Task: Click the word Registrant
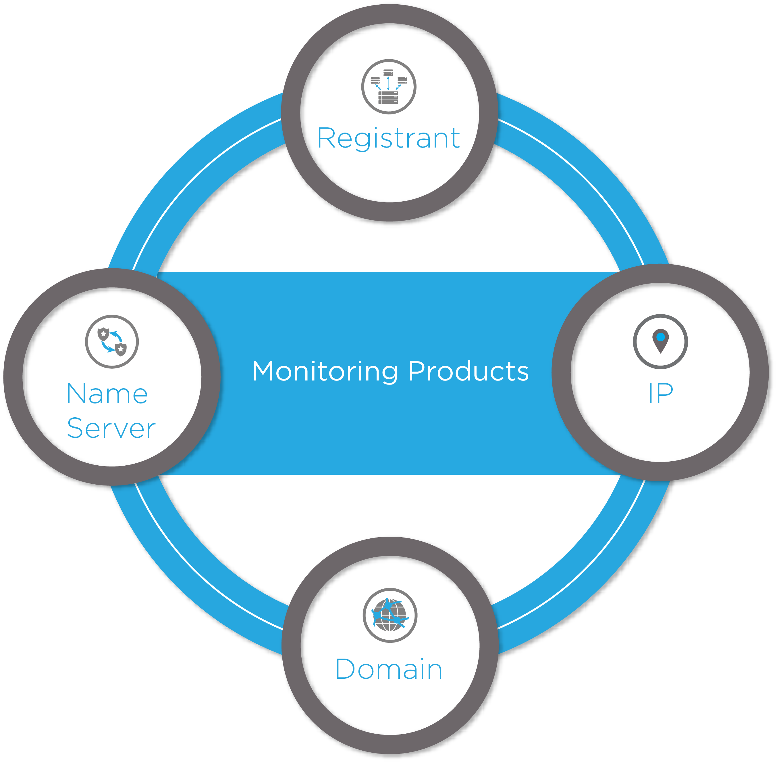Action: (x=388, y=138)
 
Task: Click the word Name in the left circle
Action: (x=107, y=394)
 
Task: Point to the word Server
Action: (x=111, y=429)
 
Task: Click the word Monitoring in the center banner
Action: (x=325, y=372)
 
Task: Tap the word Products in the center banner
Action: (x=468, y=372)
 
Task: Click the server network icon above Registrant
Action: (x=388, y=87)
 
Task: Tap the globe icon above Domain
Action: (x=390, y=615)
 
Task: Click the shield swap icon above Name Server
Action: (x=112, y=341)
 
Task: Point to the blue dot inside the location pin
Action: (x=660, y=336)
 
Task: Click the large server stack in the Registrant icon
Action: (x=388, y=97)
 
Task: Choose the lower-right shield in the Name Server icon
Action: (x=120, y=349)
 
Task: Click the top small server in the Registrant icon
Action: (x=388, y=72)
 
